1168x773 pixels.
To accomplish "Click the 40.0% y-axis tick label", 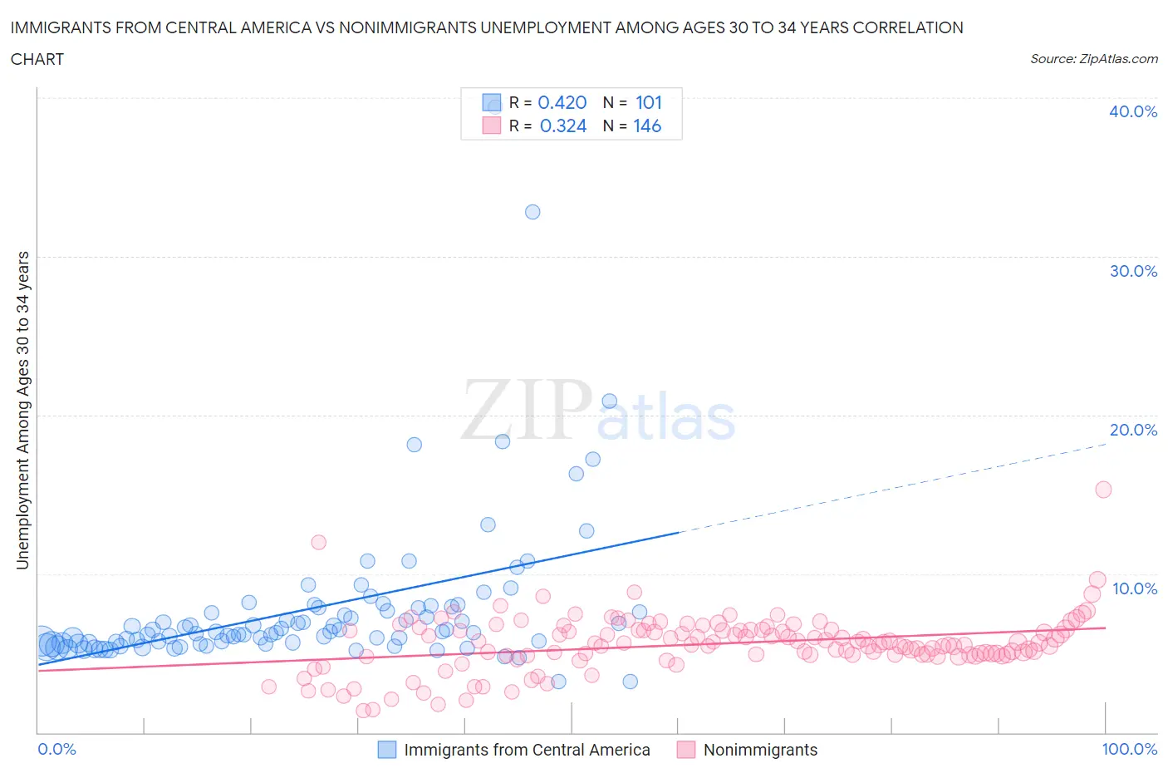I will (x=1132, y=111).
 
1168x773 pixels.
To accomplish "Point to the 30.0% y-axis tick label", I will (x=1132, y=271).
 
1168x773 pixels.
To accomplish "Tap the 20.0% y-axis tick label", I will (x=1132, y=430).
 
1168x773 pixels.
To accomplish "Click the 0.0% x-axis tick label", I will (x=57, y=749).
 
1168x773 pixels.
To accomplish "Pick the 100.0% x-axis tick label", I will (x=1129, y=749).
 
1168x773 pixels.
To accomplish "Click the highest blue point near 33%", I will (x=532, y=212).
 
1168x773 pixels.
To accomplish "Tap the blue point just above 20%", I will (x=609, y=401).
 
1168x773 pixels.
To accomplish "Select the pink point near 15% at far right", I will (x=1103, y=490).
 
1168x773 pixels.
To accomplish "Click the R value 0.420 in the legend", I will (x=562, y=102).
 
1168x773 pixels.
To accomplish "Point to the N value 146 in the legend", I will (x=647, y=126).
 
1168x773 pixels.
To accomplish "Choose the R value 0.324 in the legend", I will (x=563, y=126).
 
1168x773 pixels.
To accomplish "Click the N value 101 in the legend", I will (x=649, y=102).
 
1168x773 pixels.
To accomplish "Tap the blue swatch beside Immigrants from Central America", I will (x=387, y=750).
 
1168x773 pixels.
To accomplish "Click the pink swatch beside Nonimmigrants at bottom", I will (x=686, y=750).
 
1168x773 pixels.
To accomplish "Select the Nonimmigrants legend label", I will (x=760, y=750).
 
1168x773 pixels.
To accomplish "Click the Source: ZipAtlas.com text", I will (x=1093, y=58).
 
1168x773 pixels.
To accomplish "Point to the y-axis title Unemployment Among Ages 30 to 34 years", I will (x=23, y=410).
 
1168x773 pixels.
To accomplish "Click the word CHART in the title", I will (x=37, y=59).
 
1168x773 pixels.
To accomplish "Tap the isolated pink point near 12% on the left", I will (x=318, y=542).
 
